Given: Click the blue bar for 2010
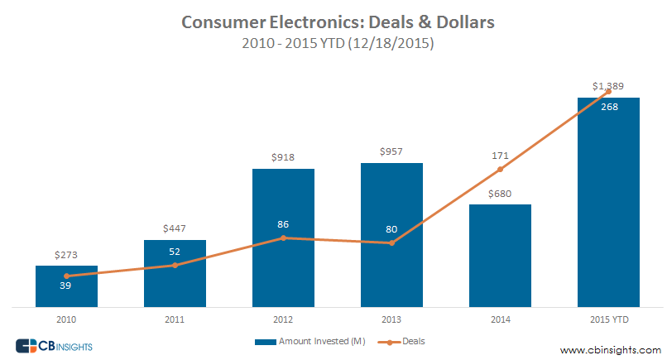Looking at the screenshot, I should coord(66,286).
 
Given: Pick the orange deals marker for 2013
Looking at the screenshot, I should coord(391,243).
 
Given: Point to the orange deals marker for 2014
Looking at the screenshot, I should coord(500,170).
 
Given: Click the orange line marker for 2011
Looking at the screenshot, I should coord(175,265).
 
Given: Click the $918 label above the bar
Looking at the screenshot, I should coord(283,157).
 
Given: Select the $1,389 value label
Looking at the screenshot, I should coord(608,86).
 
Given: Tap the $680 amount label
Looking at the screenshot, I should coord(500,193).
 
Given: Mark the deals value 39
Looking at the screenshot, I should coord(66,286).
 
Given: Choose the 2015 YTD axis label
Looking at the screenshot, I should coord(608,318).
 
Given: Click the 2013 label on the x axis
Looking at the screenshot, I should coord(391,318).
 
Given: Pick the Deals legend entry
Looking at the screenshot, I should coord(402,341).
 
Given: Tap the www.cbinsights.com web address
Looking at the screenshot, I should coord(611,349).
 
